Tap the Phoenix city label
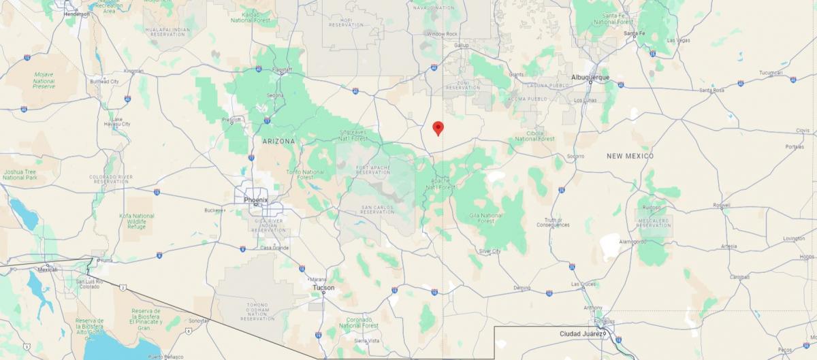click(x=257, y=199)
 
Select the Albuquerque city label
click(x=590, y=78)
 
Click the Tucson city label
click(x=323, y=288)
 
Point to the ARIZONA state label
click(x=279, y=141)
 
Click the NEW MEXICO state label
click(x=630, y=156)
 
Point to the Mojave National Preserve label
click(x=44, y=82)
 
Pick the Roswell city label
click(x=721, y=206)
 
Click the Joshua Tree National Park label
click(x=20, y=175)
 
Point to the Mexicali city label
click(x=47, y=269)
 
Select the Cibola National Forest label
click(x=535, y=136)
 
